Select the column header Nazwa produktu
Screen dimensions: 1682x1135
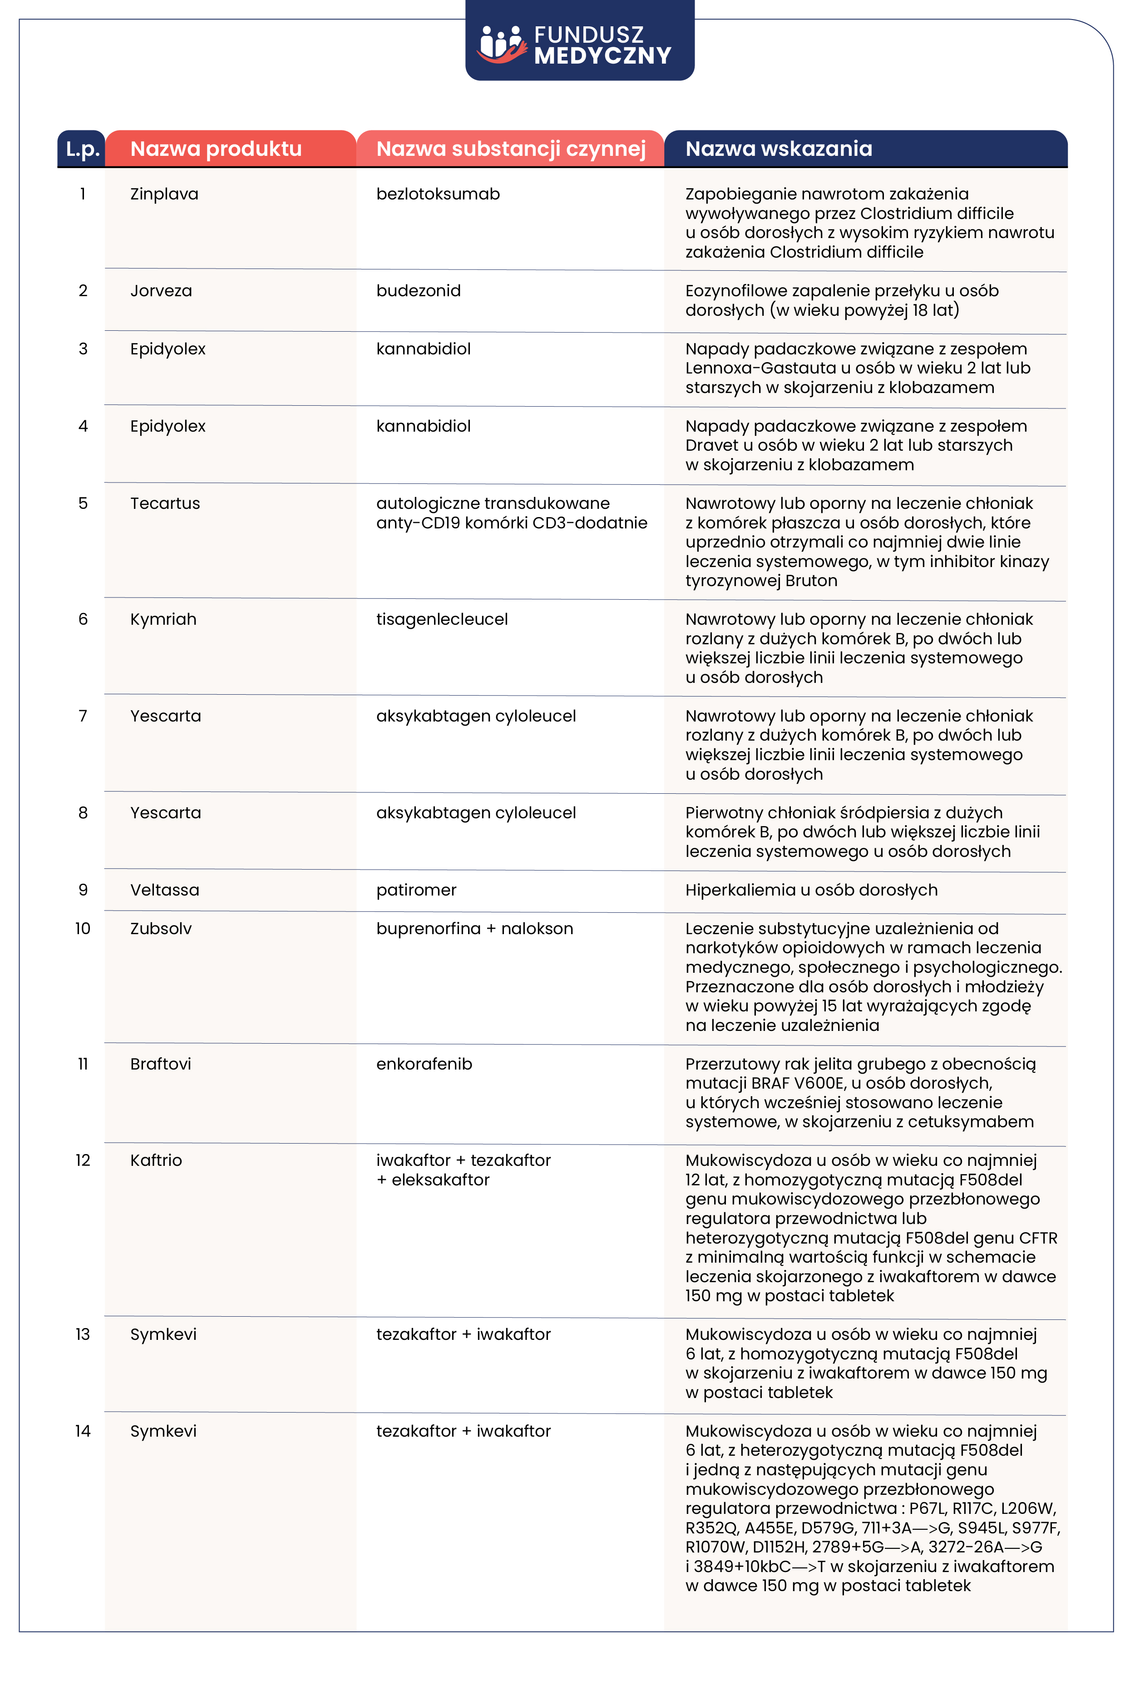[x=216, y=149]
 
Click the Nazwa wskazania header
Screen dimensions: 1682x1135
[x=778, y=149]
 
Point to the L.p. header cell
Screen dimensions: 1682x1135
[x=82, y=149]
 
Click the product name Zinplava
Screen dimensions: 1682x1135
[x=164, y=194]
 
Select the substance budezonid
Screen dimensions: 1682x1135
[x=418, y=291]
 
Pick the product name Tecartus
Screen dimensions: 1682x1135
[x=165, y=504]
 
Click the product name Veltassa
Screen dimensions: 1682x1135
[x=164, y=890]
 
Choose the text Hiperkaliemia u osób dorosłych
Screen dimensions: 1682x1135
[x=811, y=890]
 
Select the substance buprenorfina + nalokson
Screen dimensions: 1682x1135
[x=474, y=929]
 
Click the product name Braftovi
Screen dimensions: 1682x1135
[x=161, y=1064]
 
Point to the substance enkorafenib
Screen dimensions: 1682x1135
[x=424, y=1064]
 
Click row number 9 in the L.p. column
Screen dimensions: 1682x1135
[x=83, y=890]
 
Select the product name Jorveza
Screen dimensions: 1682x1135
[x=161, y=291]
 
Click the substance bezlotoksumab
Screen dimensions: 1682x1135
[x=438, y=194]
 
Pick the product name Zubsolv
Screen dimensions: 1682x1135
[x=161, y=929]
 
